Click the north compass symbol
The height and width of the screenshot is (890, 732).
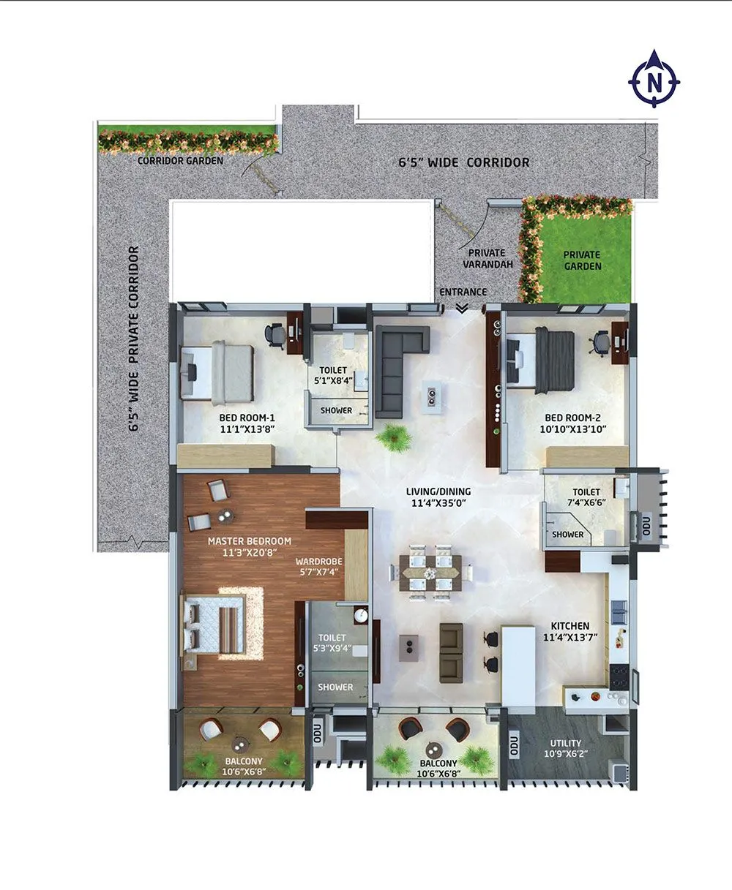[x=654, y=79]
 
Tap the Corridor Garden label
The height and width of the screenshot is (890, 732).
[x=180, y=160]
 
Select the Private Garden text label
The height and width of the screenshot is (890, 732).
[x=582, y=260]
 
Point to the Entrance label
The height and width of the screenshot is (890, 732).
[x=463, y=292]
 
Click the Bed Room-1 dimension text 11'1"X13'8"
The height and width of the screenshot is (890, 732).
[x=247, y=430]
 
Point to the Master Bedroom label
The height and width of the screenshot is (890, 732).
[x=249, y=540]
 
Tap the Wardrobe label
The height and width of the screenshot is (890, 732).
[x=318, y=561]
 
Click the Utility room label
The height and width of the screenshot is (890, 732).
[x=566, y=743]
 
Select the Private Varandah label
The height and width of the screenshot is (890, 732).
[x=488, y=258]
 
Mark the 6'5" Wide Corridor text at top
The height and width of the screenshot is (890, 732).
[x=463, y=162]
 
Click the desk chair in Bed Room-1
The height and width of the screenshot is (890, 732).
[x=276, y=333]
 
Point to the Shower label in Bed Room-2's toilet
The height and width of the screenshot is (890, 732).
[x=568, y=534]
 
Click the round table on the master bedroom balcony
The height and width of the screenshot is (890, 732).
[x=240, y=744]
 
